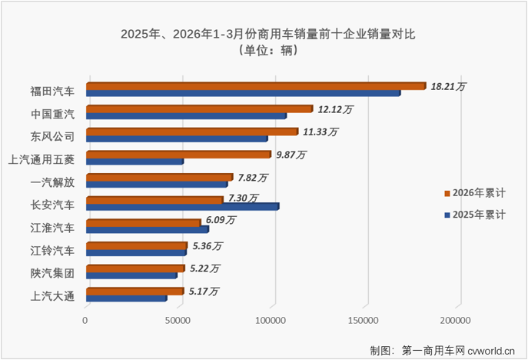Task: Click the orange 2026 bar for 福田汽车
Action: pyautogui.click(x=255, y=86)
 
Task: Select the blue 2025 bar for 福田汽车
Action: pyautogui.click(x=243, y=93)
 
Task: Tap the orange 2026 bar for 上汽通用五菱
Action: pyautogui.click(x=178, y=155)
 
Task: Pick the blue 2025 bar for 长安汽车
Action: pyautogui.click(x=182, y=207)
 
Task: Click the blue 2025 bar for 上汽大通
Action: pyautogui.click(x=126, y=298)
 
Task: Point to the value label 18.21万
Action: pyautogui.click(x=449, y=87)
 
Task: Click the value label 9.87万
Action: pyautogui.click(x=290, y=155)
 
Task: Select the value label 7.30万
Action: pyautogui.click(x=242, y=198)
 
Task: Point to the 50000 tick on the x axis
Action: pyautogui.click(x=179, y=319)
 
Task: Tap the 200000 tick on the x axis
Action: pyautogui.click(x=454, y=319)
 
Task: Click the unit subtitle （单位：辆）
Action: pyautogui.click(x=263, y=52)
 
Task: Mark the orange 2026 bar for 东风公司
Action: pyautogui.click(x=191, y=132)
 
